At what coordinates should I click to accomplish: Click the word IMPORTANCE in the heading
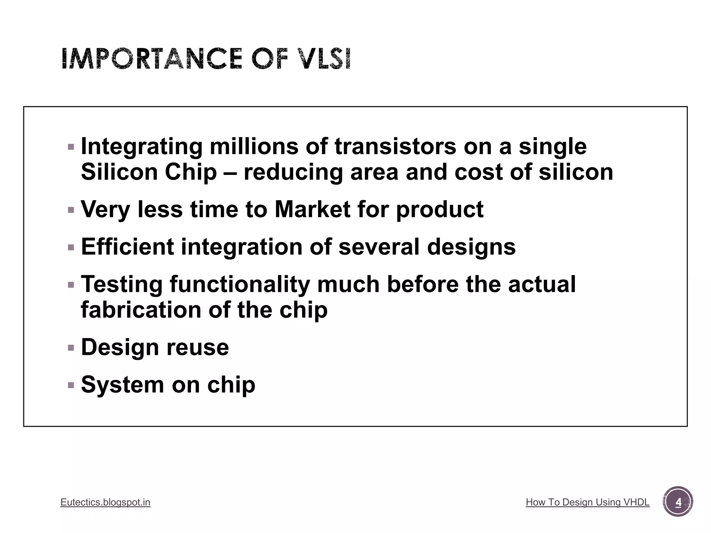[x=152, y=59]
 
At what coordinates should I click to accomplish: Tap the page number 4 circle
[x=678, y=502]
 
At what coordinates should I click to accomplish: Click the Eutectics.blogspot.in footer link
[x=105, y=502]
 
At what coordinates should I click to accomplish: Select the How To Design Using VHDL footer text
[x=587, y=502]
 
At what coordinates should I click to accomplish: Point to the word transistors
[x=395, y=146]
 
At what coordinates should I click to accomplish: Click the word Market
[x=312, y=209]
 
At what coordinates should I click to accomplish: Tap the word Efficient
[x=127, y=247]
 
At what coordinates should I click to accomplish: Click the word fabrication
[x=141, y=310]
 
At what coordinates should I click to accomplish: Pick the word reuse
[x=198, y=347]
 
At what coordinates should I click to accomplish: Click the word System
[x=122, y=385]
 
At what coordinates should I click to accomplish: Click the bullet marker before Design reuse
[x=71, y=348]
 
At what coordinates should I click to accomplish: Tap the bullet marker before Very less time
[x=71, y=210]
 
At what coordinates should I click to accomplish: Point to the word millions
[x=254, y=146]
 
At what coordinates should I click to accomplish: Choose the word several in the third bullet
[x=379, y=247]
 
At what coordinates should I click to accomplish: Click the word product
[x=440, y=210]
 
